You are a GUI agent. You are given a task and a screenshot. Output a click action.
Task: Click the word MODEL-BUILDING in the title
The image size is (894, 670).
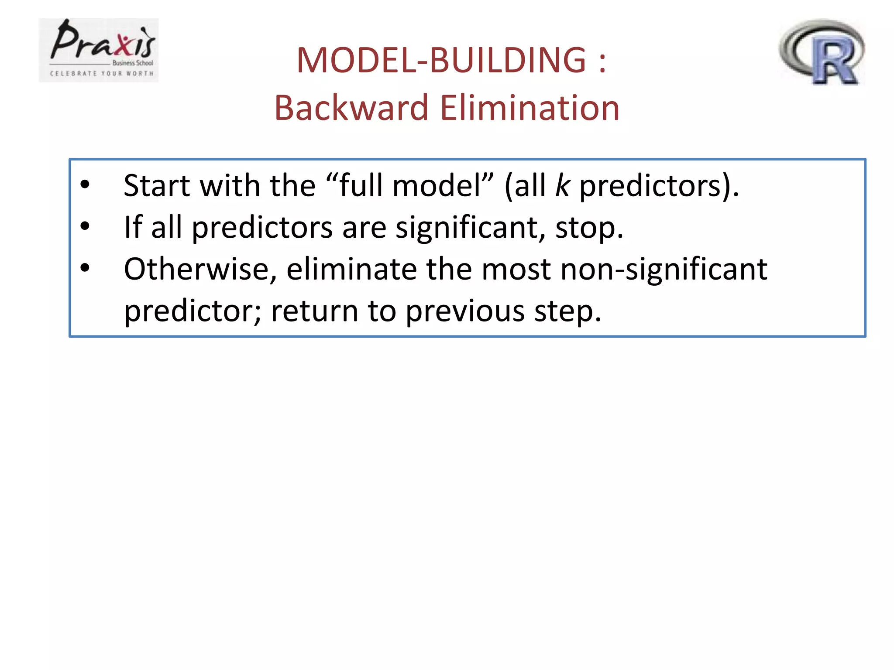(441, 60)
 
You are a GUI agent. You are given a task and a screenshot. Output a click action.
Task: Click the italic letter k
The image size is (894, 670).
(562, 186)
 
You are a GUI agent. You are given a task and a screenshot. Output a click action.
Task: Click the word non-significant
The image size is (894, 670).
(664, 269)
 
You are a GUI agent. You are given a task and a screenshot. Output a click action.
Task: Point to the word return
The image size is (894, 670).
(314, 311)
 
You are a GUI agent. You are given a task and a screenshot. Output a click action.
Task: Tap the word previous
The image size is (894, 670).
(465, 311)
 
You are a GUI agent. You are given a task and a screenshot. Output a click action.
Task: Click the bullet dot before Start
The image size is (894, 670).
(85, 185)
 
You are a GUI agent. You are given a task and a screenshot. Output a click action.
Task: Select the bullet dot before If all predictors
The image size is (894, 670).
(85, 226)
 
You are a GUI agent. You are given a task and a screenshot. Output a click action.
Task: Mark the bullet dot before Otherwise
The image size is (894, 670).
(85, 268)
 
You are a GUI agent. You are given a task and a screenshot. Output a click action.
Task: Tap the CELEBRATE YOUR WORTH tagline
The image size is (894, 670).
(102, 73)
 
